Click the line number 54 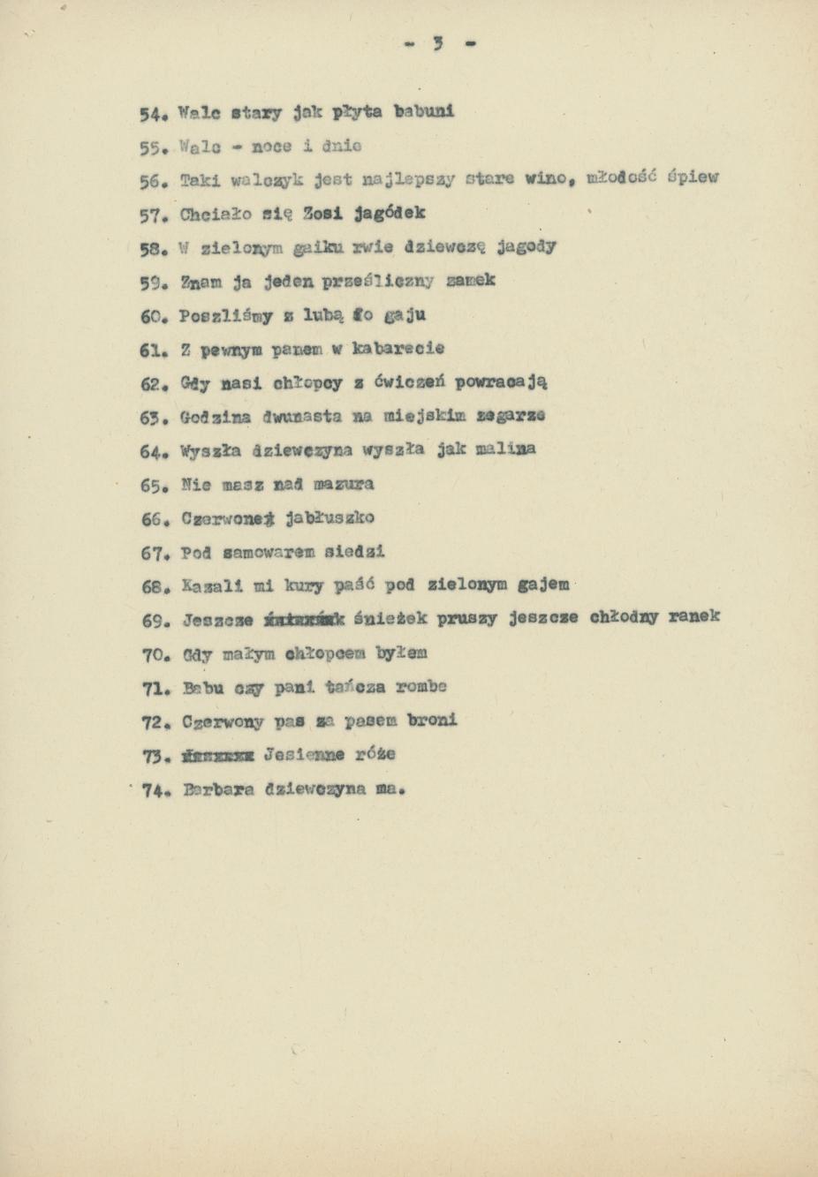point(152,114)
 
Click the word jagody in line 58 point(526,246)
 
